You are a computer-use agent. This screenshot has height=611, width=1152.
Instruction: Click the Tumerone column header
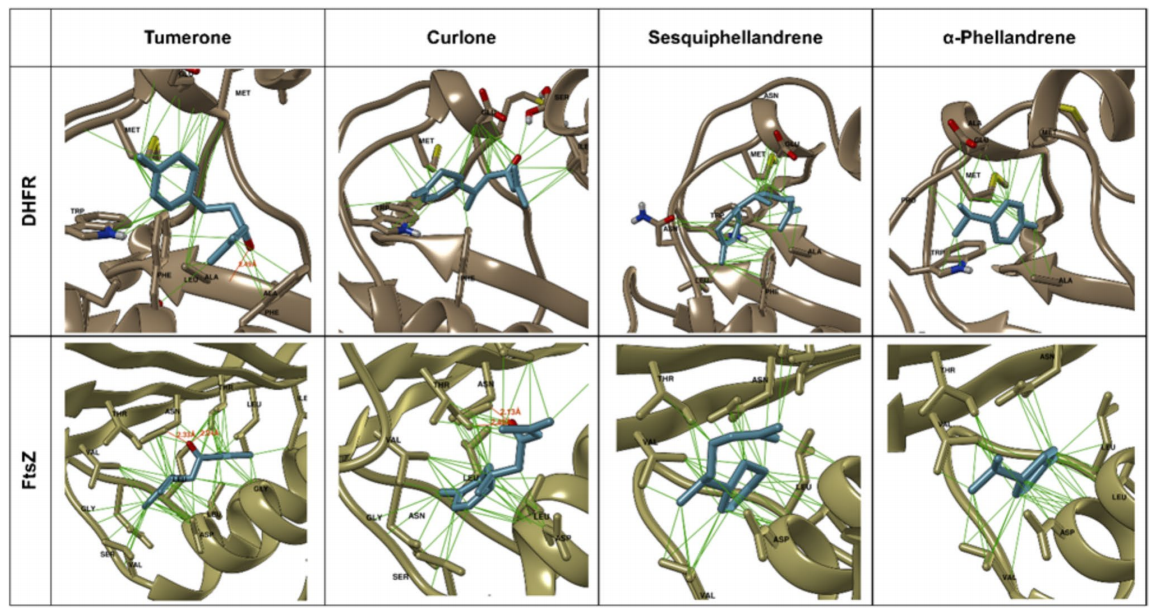188,37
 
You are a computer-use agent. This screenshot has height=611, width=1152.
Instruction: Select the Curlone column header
461,37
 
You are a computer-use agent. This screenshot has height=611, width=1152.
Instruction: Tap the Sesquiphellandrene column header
734,37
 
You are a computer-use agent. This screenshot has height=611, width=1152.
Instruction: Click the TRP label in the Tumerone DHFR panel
78,212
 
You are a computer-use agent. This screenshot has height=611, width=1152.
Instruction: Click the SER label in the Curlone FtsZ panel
400,577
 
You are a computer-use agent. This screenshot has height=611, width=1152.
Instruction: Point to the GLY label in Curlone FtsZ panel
374,517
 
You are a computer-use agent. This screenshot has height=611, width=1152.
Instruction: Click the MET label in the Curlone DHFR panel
427,140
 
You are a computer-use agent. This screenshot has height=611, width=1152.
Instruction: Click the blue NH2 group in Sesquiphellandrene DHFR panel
641,213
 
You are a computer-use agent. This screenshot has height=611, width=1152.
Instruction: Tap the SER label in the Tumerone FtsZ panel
107,553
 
